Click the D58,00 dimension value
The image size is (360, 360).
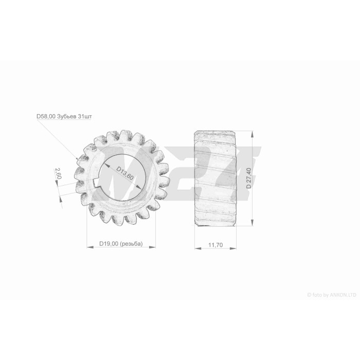(46, 116)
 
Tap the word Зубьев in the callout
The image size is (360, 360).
(67, 116)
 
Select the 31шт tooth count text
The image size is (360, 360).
(85, 116)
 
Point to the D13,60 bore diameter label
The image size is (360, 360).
(124, 173)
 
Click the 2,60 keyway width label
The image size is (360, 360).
(58, 173)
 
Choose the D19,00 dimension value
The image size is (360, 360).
(109, 244)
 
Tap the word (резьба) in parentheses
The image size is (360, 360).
(131, 244)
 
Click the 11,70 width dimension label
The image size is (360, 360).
(215, 245)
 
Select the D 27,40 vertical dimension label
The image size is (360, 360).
(248, 178)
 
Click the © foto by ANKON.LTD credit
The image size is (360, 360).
(332, 295)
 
